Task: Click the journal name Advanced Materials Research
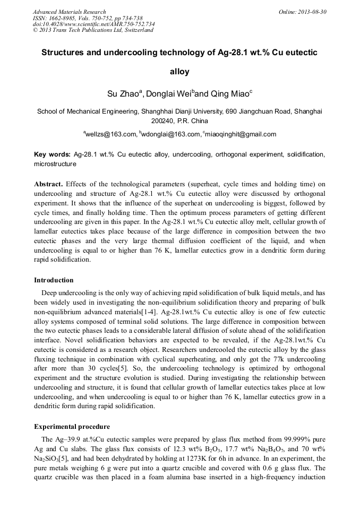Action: pyautogui.click(x=70, y=12)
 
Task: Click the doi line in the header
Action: pyautogui.click(x=94, y=24)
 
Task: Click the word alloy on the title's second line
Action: pyautogui.click(x=179, y=72)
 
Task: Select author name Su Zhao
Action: pyautogui.click(x=122, y=93)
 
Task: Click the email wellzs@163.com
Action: pyautogui.click(x=110, y=135)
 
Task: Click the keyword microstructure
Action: pyautogui.click(x=55, y=164)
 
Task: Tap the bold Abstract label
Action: pyautogui.click(x=48, y=184)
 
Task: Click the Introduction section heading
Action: pyautogui.click(x=54, y=280)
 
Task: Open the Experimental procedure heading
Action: pyautogui.click(x=72, y=427)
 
